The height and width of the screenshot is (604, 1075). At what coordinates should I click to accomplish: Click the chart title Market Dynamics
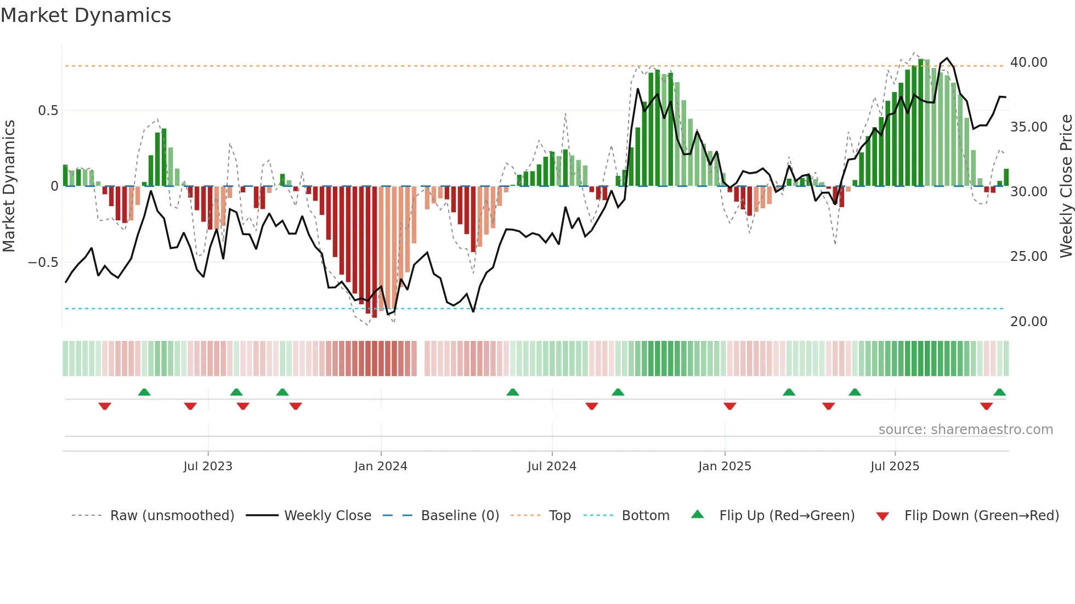tap(86, 15)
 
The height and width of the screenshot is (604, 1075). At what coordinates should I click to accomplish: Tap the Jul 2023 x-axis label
tap(208, 466)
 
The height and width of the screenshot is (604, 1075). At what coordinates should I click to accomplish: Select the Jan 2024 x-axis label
tap(381, 466)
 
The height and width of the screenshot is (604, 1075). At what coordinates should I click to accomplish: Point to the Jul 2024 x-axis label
tap(552, 466)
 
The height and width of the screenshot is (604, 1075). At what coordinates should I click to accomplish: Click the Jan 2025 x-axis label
tap(725, 466)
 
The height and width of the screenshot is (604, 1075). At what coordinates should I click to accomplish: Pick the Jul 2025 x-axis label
tap(895, 466)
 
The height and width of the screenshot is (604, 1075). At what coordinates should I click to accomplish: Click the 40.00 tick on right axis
tap(1028, 62)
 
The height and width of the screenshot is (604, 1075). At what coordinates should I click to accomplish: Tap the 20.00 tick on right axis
tap(1028, 322)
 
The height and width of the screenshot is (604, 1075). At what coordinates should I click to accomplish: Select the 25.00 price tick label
tap(1028, 257)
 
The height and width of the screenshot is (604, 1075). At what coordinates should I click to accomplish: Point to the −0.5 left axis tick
tap(43, 263)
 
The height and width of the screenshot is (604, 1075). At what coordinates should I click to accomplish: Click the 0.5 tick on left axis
tap(48, 111)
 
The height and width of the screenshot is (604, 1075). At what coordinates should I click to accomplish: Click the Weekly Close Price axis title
tap(1066, 186)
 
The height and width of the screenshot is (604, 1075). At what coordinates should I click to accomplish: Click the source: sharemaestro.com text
tap(965, 430)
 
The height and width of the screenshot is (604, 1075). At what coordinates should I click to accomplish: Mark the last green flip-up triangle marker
tap(999, 392)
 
